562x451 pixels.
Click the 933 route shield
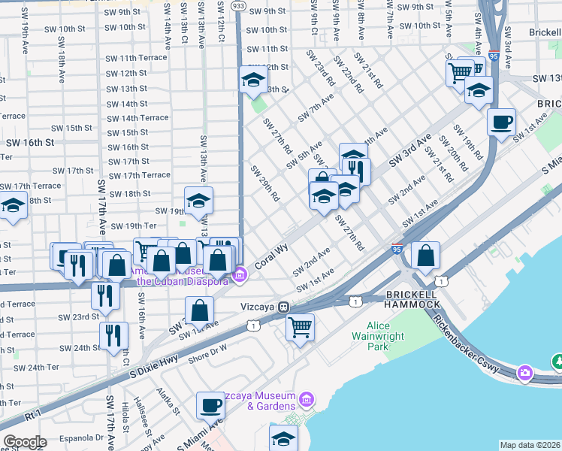click(x=238, y=5)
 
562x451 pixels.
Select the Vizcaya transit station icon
click(x=284, y=307)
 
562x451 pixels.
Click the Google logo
click(x=25, y=442)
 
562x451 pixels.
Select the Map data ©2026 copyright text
click(x=530, y=445)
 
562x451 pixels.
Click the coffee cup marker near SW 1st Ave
click(x=501, y=121)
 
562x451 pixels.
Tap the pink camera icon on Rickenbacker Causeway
click(x=525, y=372)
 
